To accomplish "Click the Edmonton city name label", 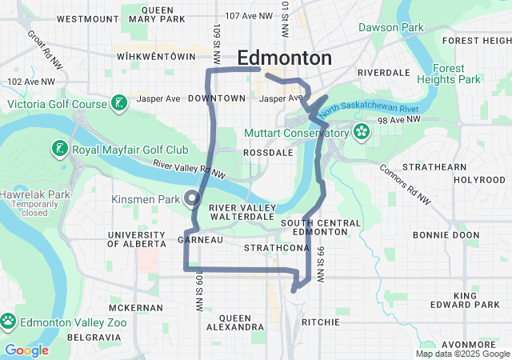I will [x=284, y=58].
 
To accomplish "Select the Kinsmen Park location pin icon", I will [x=192, y=198].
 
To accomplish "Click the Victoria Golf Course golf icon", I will [x=118, y=104].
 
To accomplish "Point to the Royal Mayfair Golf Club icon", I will [x=60, y=149].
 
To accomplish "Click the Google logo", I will [x=26, y=350].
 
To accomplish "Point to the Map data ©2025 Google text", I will [x=462, y=354].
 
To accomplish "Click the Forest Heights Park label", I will [x=455, y=74].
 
